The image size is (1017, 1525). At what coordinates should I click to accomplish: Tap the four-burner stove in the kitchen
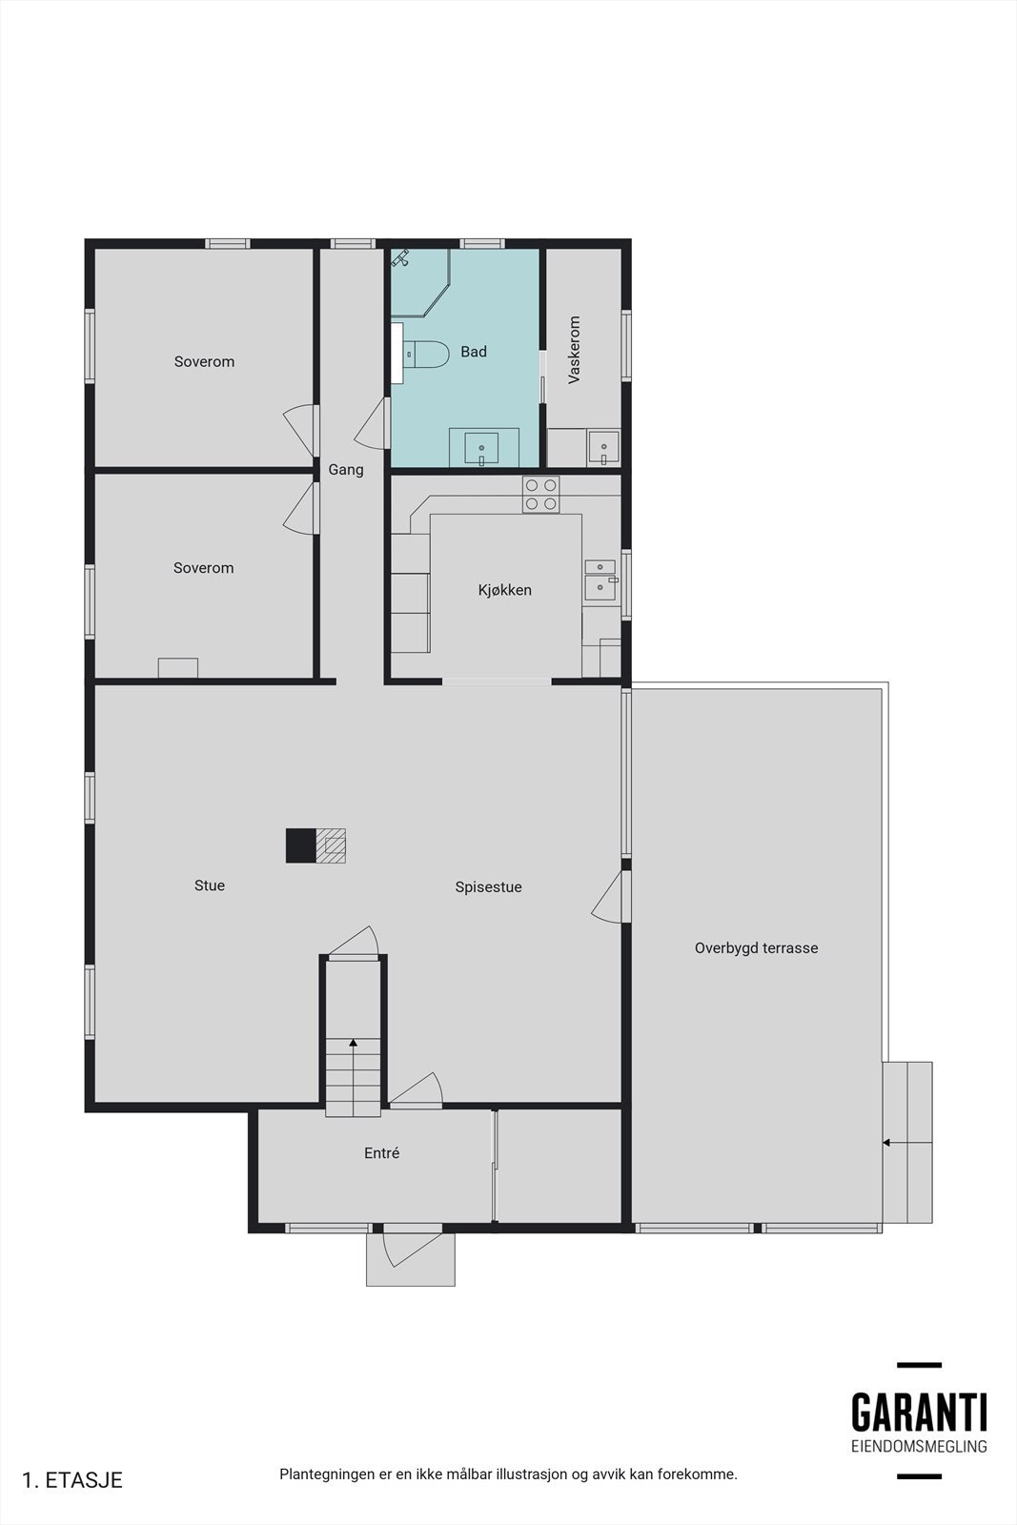point(540,494)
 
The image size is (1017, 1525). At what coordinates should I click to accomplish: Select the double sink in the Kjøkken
point(600,579)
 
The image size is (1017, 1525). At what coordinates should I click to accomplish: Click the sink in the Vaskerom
point(603,446)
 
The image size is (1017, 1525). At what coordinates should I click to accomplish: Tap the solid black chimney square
point(300,845)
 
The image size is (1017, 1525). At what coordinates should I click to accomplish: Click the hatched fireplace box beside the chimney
point(331,845)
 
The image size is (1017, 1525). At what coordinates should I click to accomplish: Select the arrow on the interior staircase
point(354,1044)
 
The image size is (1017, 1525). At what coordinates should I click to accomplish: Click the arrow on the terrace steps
point(887,1142)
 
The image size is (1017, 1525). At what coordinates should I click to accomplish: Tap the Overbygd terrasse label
point(756,948)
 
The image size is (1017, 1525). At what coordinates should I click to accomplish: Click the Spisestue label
point(488,887)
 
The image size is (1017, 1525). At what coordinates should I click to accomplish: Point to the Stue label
point(210,885)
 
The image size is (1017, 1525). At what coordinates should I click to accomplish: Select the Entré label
point(381,1153)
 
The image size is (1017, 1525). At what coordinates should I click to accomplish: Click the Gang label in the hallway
point(346,470)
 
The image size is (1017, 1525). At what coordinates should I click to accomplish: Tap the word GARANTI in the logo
point(919,1413)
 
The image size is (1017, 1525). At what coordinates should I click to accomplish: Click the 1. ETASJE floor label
point(72,1480)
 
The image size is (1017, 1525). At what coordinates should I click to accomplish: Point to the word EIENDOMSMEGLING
point(919,1447)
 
